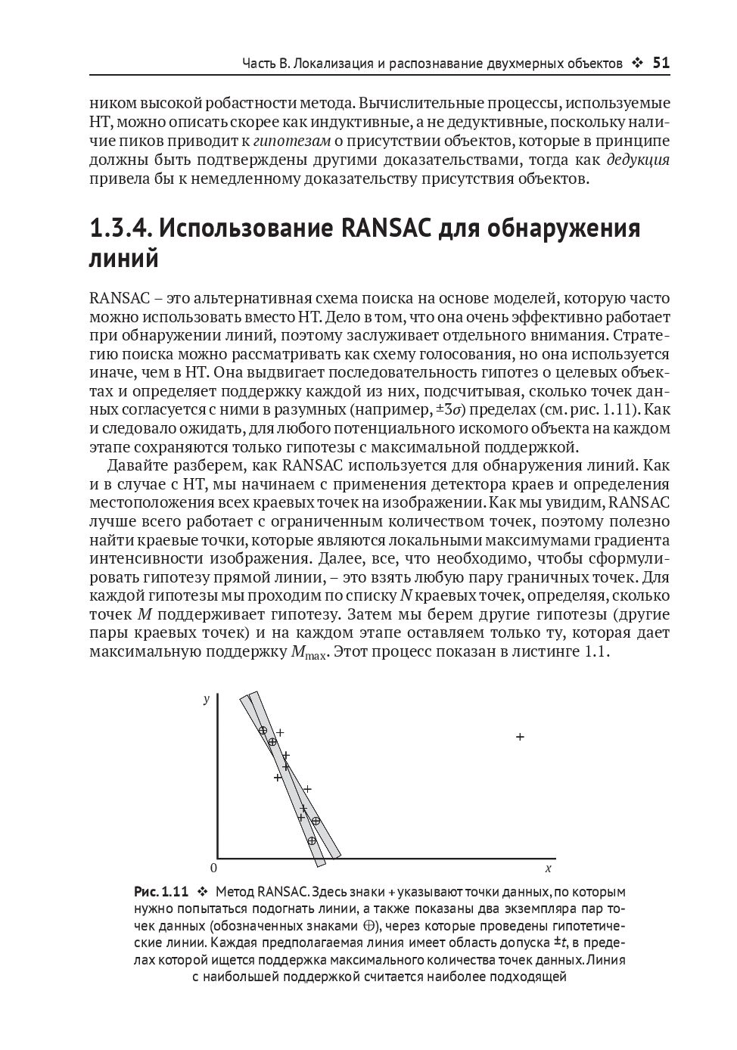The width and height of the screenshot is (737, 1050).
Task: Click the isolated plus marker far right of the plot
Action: click(x=520, y=736)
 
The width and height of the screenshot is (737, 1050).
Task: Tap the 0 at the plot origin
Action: click(x=213, y=868)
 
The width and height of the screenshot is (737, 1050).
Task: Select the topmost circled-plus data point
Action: click(x=263, y=730)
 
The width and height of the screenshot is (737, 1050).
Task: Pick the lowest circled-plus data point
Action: click(x=311, y=840)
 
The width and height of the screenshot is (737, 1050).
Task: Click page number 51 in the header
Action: click(x=661, y=63)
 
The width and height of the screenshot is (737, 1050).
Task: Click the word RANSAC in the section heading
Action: click(x=388, y=228)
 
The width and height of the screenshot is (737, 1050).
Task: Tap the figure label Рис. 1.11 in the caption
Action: click(x=160, y=891)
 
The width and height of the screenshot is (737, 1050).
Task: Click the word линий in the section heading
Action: click(x=124, y=259)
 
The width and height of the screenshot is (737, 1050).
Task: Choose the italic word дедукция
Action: click(x=638, y=160)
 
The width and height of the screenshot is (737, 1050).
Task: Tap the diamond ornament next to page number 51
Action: click(x=636, y=64)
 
